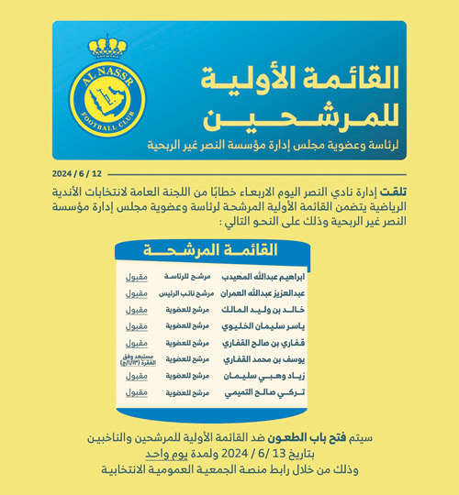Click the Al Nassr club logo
[107, 89]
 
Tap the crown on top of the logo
[107, 46]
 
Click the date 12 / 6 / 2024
[77, 172]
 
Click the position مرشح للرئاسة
[187, 276]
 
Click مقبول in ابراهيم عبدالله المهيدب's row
[136, 276]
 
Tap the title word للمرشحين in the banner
[294, 117]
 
